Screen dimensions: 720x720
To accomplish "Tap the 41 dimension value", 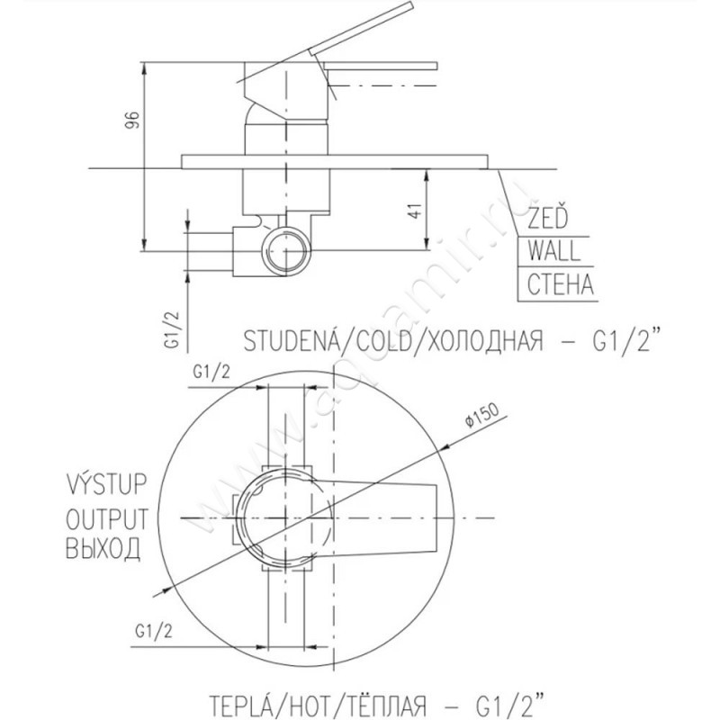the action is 415,210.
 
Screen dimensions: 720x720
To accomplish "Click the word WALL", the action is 553,251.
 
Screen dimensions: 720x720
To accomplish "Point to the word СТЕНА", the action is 560,284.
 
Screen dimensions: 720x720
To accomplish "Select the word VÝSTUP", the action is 107,483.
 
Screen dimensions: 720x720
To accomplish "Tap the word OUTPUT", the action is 107,519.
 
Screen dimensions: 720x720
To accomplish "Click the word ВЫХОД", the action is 103,548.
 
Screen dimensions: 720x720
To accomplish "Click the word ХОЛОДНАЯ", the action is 482,341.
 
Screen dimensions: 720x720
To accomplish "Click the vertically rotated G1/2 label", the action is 171,329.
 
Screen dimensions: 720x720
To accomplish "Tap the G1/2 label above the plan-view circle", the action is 211,372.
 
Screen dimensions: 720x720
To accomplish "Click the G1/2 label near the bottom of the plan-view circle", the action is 154,632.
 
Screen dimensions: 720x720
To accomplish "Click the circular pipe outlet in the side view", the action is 286,251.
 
